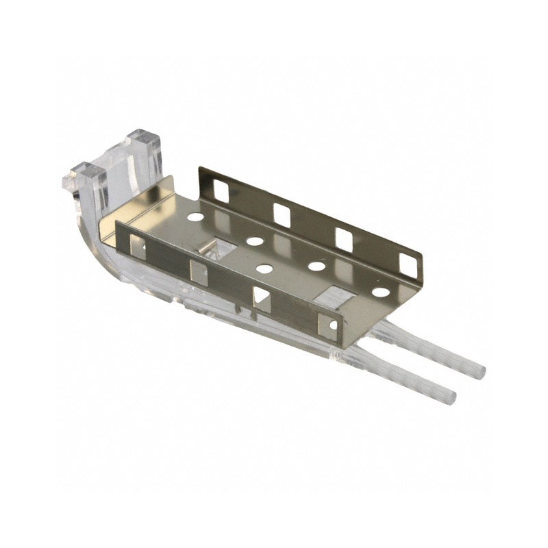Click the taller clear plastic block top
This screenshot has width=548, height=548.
pyautogui.click(x=143, y=138)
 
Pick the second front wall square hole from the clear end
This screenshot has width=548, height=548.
pyautogui.click(x=199, y=272)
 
